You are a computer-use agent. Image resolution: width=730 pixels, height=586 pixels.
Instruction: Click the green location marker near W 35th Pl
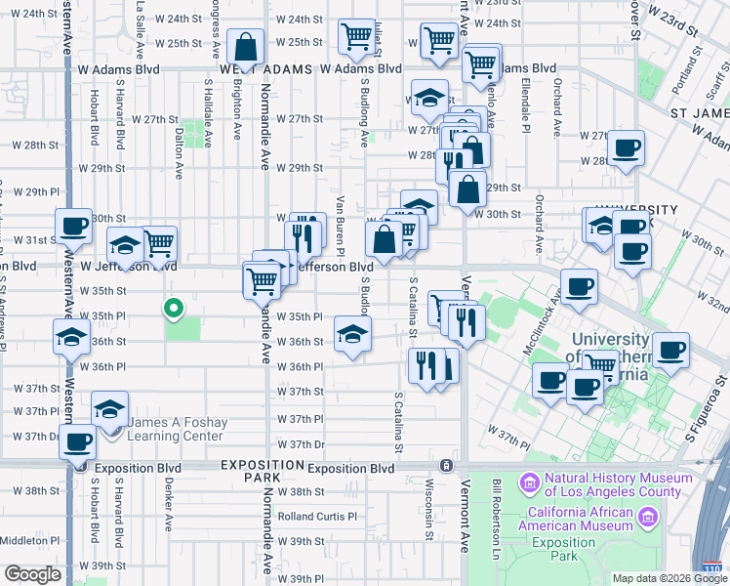click(173, 309)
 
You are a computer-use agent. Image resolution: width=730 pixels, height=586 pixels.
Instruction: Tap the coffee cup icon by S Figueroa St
click(670, 350)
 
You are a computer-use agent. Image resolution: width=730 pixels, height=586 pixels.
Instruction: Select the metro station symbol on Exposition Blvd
click(446, 467)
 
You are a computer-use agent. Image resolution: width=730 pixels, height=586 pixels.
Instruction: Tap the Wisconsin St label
click(428, 516)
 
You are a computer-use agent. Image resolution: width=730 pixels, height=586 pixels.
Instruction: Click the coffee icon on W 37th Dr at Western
click(76, 440)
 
